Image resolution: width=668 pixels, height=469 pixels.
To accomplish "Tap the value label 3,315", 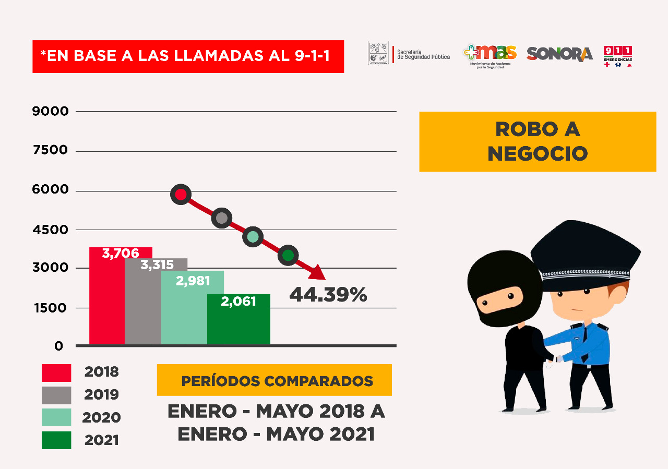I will (x=157, y=265).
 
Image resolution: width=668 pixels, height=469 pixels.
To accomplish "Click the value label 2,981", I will (x=193, y=281).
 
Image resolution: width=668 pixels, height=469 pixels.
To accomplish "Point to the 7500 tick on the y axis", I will (x=50, y=150).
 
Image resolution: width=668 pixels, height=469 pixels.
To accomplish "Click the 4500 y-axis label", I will (x=50, y=230).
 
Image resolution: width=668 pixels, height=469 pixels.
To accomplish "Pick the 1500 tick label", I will (x=50, y=308).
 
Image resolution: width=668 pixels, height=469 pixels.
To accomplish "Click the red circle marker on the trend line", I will (x=181, y=195).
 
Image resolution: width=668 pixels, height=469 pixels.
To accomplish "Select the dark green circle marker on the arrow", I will (x=288, y=255).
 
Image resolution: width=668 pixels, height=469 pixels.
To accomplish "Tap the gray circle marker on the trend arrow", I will (x=222, y=218).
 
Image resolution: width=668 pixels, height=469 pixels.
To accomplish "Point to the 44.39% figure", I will (x=328, y=295).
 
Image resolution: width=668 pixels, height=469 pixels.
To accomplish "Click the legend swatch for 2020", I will (x=56, y=417).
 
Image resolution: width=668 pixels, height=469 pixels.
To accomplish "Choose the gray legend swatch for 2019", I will (x=56, y=395).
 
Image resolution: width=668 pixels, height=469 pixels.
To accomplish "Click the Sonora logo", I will (x=559, y=54).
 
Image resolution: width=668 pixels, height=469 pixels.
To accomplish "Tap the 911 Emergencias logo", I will (x=618, y=56).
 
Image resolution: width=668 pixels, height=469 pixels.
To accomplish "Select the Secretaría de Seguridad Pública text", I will (x=423, y=54).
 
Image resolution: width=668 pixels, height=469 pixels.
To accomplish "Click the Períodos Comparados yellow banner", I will (x=274, y=380).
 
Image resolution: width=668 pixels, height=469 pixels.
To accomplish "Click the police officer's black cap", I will (x=584, y=253).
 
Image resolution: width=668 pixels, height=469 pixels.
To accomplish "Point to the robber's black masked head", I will (x=498, y=290).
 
